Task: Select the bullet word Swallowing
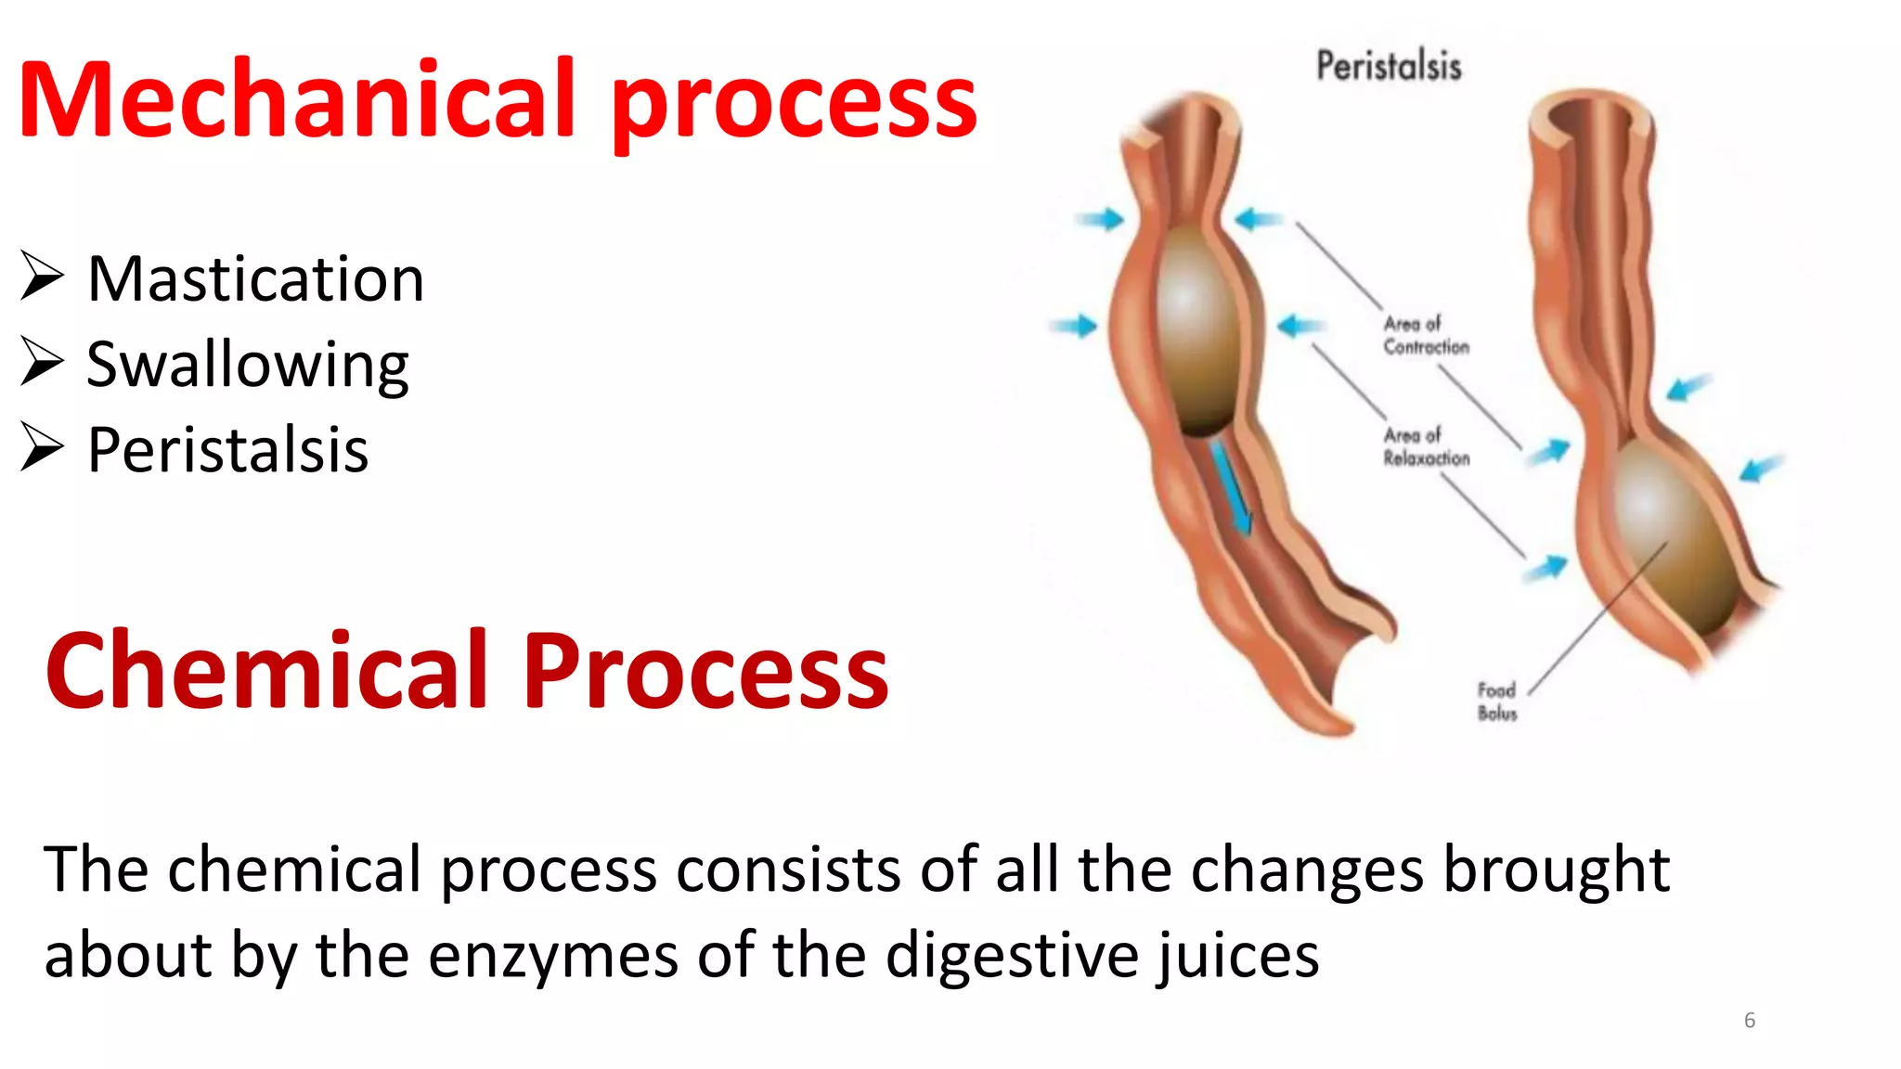[x=247, y=365]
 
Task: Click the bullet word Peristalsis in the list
[x=227, y=450]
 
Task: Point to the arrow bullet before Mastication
[x=42, y=277]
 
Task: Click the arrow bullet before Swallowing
[x=42, y=362]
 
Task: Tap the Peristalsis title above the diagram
[x=1389, y=67]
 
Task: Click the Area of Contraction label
[x=1426, y=335]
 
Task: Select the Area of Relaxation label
[x=1426, y=446]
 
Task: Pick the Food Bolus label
[x=1496, y=702]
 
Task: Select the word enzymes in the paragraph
[x=553, y=956]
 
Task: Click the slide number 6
[x=1750, y=1021]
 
